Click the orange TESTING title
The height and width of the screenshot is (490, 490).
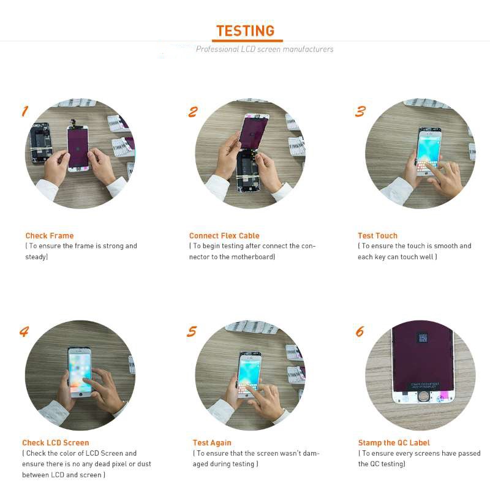(245, 31)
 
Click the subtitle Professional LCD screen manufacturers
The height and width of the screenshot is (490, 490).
(265, 49)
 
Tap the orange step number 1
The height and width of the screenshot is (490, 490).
(25, 111)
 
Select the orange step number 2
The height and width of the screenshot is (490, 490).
(193, 111)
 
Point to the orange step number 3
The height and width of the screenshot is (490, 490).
(360, 111)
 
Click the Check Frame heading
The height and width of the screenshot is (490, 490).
(50, 236)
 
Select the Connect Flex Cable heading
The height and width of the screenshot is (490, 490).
(224, 236)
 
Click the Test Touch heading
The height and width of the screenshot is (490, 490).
(377, 236)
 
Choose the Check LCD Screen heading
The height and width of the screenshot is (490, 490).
(56, 443)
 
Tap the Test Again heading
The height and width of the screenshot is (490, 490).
(212, 443)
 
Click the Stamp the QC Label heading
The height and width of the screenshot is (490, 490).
(394, 443)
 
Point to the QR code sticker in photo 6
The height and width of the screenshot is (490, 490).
(422, 337)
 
